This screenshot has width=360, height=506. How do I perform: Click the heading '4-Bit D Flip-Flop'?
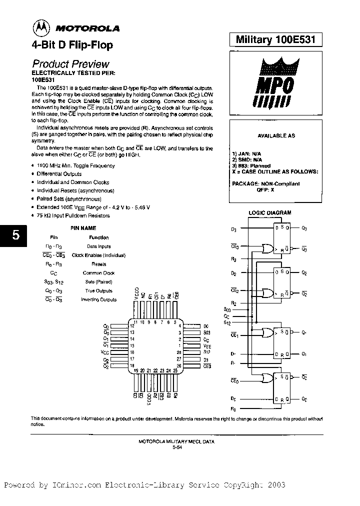tap(72, 45)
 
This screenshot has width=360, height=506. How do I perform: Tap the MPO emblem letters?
tap(276, 84)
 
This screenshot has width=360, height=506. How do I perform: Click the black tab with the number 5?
tap(15, 235)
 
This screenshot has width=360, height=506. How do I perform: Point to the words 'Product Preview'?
tap(70, 64)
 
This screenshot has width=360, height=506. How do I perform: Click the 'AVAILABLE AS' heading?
tap(276, 135)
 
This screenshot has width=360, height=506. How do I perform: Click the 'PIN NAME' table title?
tap(82, 227)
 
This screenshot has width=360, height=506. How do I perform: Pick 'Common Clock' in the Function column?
tap(98, 273)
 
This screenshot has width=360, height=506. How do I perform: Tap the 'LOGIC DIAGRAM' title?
tap(270, 212)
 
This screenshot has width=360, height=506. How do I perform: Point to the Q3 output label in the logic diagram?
tap(304, 228)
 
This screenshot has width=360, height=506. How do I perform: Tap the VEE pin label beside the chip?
tap(207, 345)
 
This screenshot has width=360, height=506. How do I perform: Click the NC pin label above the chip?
tap(143, 294)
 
